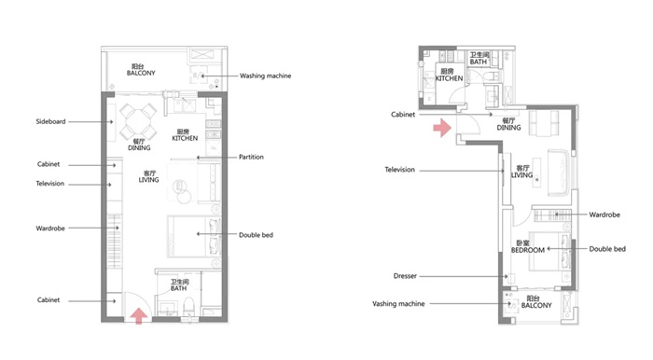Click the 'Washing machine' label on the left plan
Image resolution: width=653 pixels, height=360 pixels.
coord(265,76)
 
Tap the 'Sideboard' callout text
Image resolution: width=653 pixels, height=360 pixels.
coord(50,121)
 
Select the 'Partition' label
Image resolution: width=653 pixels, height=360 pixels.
coord(251,157)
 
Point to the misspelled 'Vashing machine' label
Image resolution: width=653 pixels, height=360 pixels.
coord(398,304)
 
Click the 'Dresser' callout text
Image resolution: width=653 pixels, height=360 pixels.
coord(405,276)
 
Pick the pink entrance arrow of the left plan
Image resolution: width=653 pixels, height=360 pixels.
coord(138,315)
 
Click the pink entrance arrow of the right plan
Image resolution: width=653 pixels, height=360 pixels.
coord(442,128)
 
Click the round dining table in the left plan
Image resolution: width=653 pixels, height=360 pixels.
coord(138,122)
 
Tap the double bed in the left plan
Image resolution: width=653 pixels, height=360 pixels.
coord(194,236)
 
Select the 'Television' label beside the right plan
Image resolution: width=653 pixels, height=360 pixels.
coord(400,170)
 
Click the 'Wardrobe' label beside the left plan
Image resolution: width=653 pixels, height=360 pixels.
coord(50,228)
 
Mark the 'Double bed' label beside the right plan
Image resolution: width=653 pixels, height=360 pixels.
coord(607,249)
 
